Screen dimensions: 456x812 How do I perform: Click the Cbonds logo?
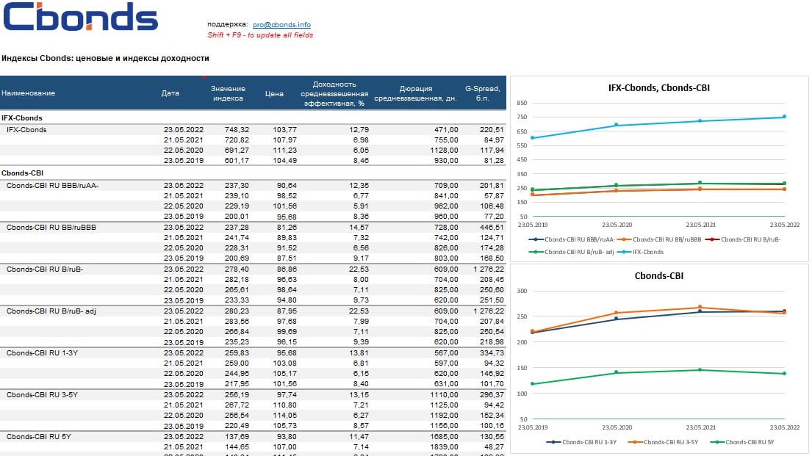tap(81, 18)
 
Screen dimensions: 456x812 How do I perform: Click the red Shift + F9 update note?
tap(260, 35)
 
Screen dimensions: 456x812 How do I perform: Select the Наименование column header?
tap(28, 93)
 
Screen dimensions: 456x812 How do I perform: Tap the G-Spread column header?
tap(483, 93)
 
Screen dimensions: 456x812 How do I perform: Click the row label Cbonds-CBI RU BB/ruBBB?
tap(51, 228)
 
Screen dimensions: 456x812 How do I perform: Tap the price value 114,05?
tap(283, 416)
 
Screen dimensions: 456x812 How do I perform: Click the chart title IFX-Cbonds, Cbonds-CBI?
tap(659, 88)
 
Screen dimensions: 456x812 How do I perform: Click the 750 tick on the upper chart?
tap(522, 117)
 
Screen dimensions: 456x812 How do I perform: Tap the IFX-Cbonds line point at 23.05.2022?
tap(784, 117)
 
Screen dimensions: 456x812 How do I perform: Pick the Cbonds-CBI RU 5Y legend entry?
tap(745, 442)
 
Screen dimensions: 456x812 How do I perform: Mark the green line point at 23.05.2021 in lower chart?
tap(700, 369)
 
